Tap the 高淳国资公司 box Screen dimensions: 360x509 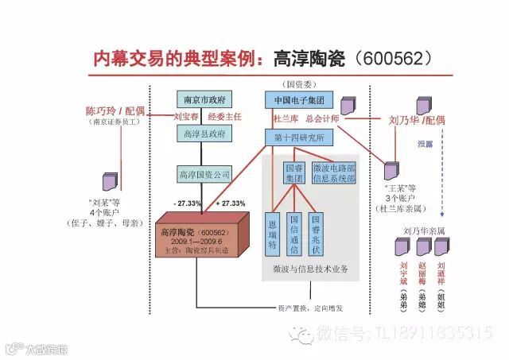point(204,173)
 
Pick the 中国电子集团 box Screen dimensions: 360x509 point(297,101)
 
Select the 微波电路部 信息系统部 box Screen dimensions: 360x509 point(333,173)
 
